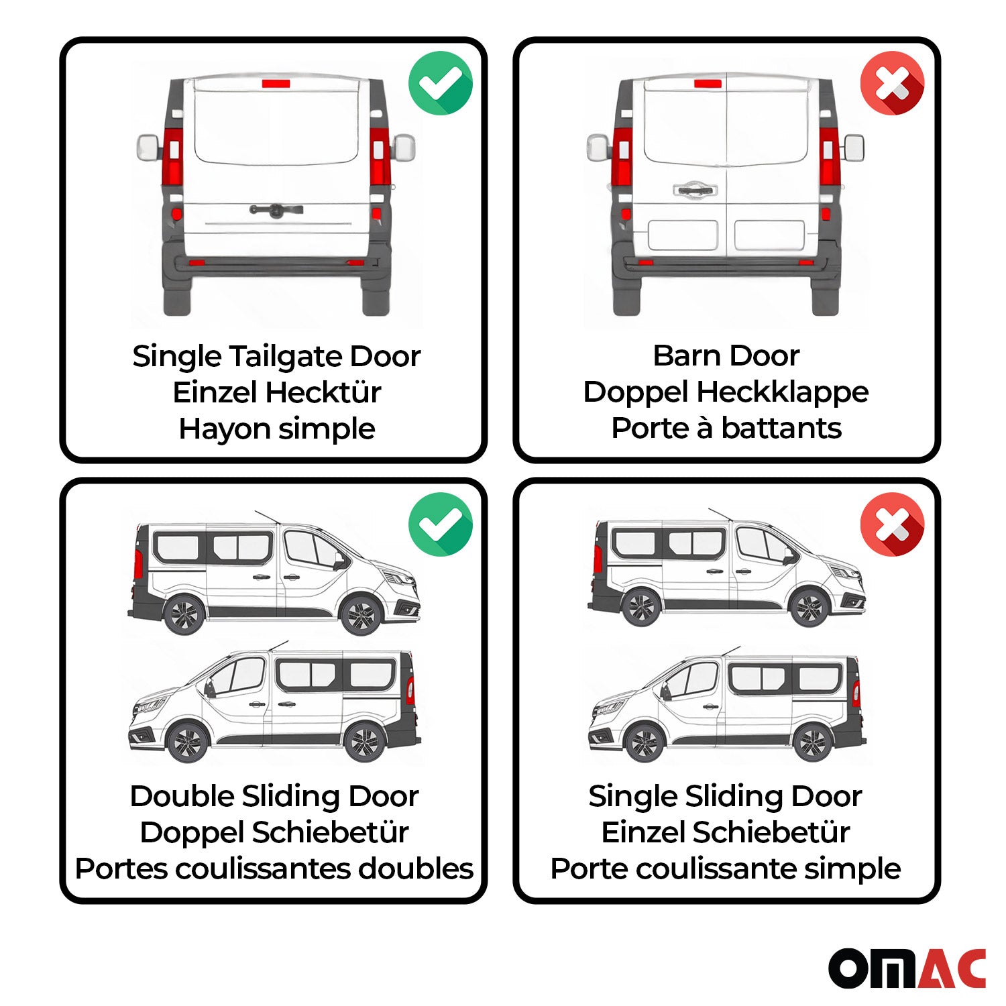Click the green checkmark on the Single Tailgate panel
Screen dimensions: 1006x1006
tap(441, 83)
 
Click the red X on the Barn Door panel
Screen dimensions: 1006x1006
tap(892, 83)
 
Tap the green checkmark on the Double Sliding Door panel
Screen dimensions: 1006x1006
tap(441, 524)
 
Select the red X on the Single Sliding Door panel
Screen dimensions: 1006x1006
tap(892, 524)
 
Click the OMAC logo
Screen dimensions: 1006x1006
tap(907, 968)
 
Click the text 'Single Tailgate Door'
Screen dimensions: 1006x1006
tap(276, 356)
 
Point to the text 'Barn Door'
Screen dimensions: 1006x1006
tap(726, 355)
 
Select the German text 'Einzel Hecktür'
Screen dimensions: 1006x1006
tap(276, 392)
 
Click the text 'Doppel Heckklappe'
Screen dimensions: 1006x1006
tap(726, 392)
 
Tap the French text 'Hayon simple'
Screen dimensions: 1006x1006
tap(276, 429)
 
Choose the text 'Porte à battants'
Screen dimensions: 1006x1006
tap(726, 428)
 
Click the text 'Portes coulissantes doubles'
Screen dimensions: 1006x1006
tap(274, 869)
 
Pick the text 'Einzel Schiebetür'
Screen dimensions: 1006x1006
tap(726, 832)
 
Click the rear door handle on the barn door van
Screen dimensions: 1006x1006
tap(695, 190)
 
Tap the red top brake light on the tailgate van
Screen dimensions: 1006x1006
tap(276, 84)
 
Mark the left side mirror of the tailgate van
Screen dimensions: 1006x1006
tap(148, 148)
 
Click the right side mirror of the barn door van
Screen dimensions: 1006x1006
tap(854, 148)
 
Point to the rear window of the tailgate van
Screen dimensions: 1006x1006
tap(276, 124)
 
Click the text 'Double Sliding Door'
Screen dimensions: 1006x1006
tap(274, 796)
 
